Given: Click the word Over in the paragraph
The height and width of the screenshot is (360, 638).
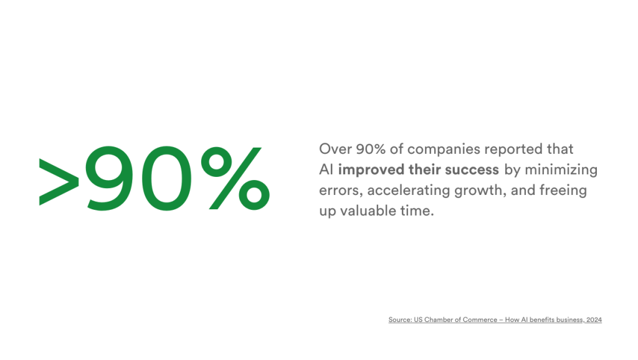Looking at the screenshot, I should [333, 149].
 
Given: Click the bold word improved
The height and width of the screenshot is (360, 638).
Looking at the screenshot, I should [367, 170].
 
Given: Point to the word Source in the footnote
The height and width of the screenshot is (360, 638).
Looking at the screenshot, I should [399, 320].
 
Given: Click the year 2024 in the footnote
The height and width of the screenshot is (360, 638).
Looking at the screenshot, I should [594, 320].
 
